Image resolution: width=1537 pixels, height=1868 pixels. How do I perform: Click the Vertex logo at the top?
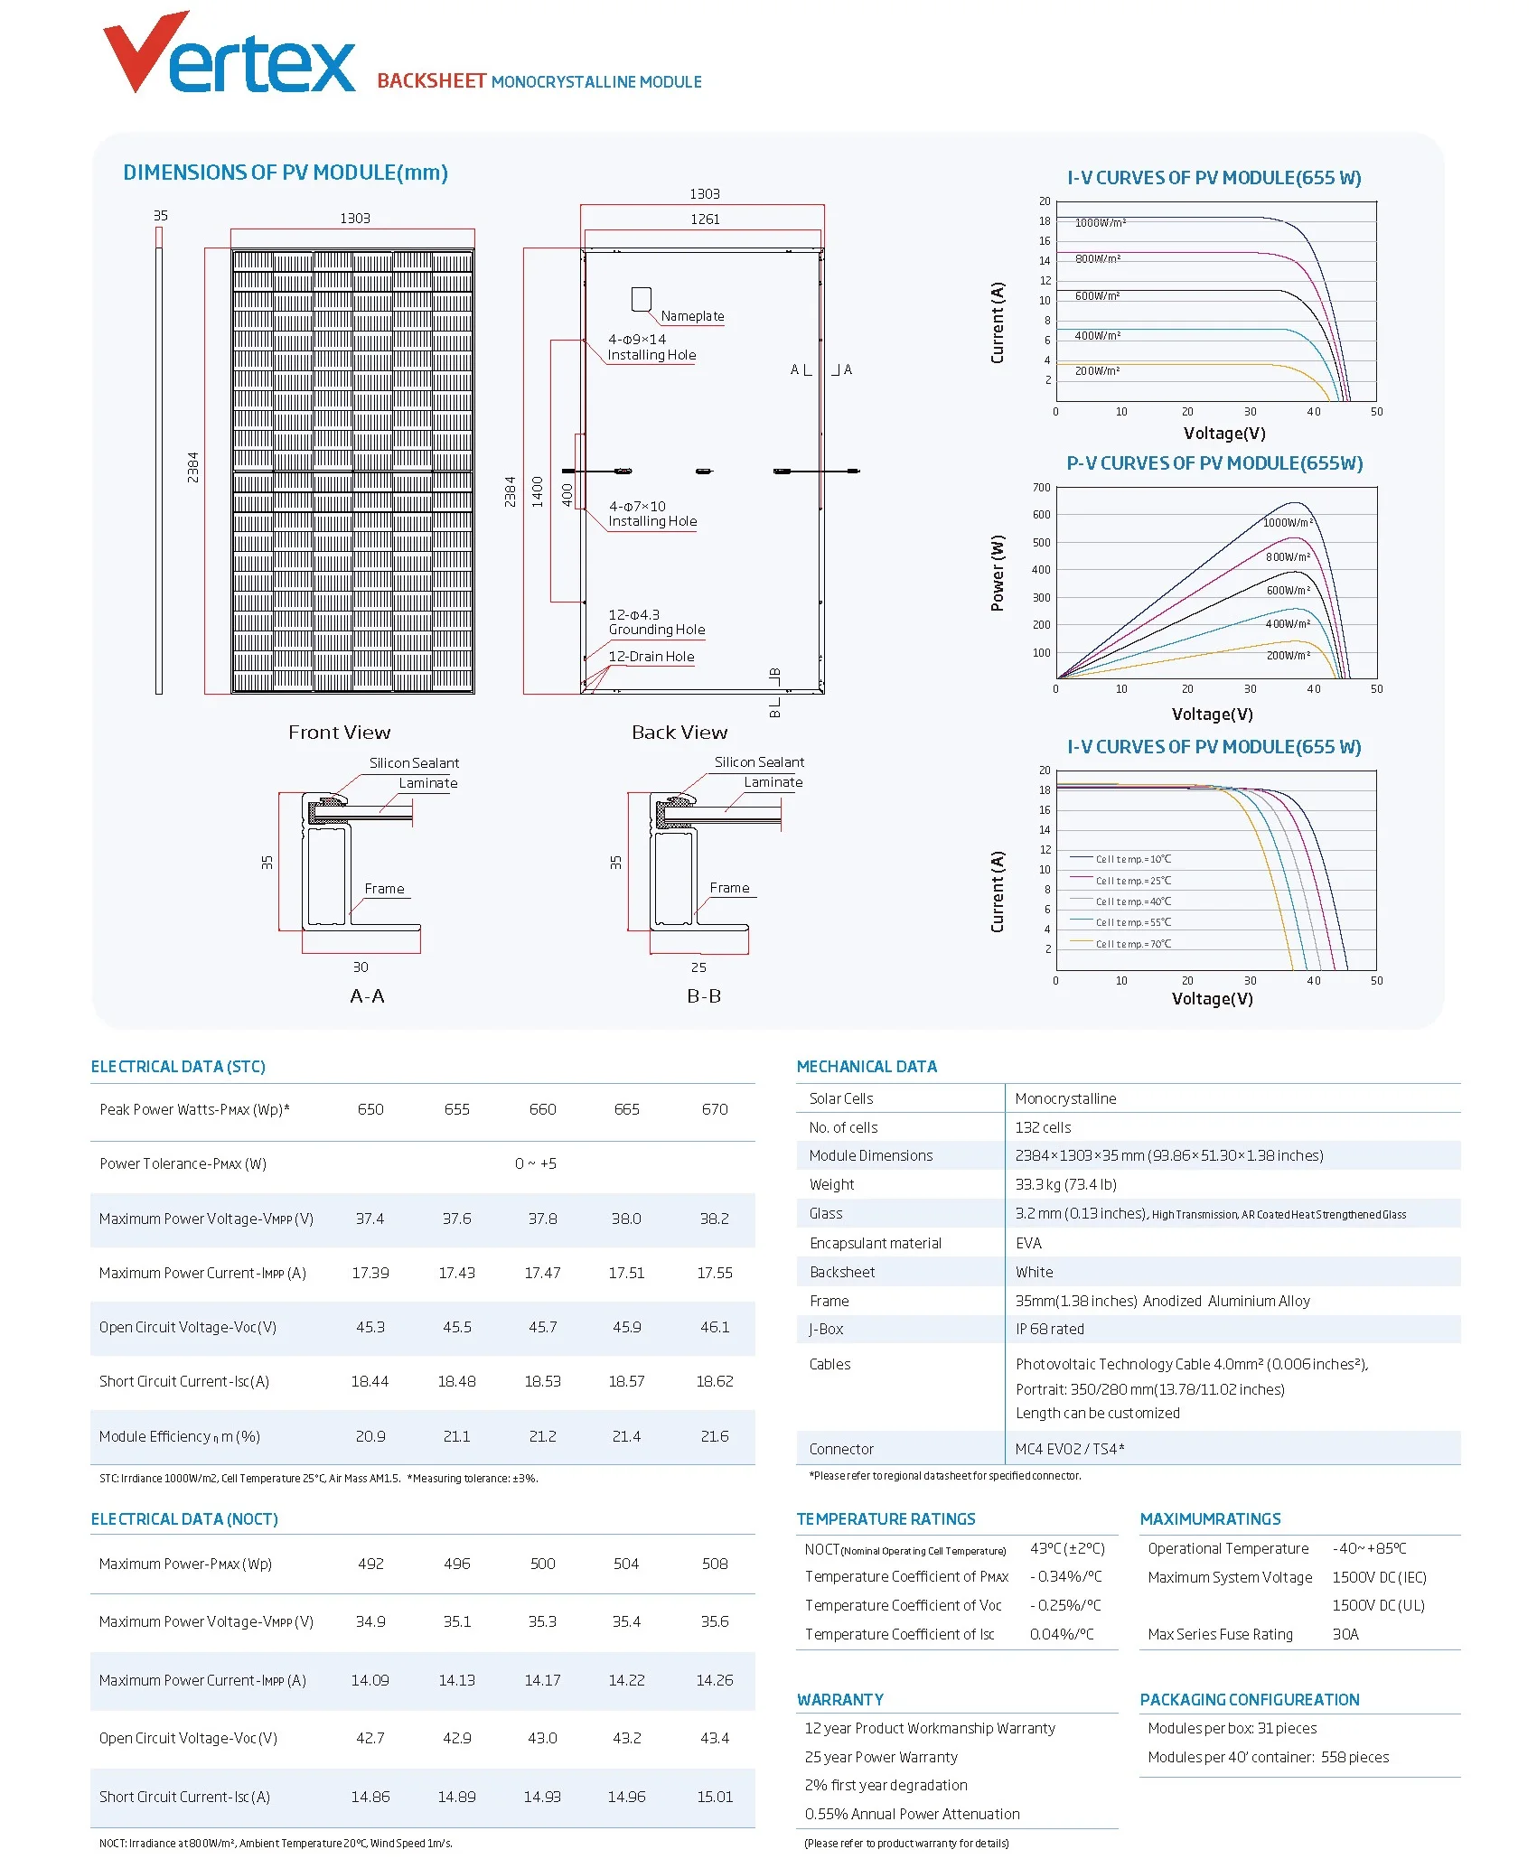(x=230, y=56)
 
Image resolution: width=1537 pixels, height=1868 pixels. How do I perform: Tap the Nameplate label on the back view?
(x=692, y=316)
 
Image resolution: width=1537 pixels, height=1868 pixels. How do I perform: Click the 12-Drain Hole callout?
(x=651, y=657)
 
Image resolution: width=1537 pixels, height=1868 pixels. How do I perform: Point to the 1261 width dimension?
(x=705, y=219)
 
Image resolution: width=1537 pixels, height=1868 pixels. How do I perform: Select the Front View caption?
(x=339, y=733)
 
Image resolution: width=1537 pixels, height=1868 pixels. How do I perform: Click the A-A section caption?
(x=367, y=996)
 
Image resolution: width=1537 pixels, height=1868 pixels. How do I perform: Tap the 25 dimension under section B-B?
(x=698, y=967)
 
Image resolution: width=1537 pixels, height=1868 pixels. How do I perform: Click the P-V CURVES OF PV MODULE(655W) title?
(x=1214, y=463)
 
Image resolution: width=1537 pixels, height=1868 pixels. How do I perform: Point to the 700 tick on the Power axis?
(x=1042, y=488)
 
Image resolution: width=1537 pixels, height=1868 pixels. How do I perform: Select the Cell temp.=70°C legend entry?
(x=1133, y=944)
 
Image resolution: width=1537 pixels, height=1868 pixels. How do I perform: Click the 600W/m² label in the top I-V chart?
(x=1097, y=296)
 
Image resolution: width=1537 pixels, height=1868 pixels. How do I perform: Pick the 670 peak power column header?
(x=715, y=1109)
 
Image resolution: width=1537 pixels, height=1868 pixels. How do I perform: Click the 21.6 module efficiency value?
(x=715, y=1436)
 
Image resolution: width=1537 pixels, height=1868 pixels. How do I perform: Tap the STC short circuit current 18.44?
(x=370, y=1381)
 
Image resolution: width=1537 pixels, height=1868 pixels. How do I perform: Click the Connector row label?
(x=841, y=1449)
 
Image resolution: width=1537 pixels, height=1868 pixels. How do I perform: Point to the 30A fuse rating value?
(x=1345, y=1634)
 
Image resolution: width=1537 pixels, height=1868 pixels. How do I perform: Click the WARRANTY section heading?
(x=840, y=1700)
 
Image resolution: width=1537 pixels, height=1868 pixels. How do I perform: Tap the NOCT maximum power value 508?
(x=715, y=1564)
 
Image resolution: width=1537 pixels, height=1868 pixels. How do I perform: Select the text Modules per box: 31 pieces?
(x=1232, y=1728)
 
